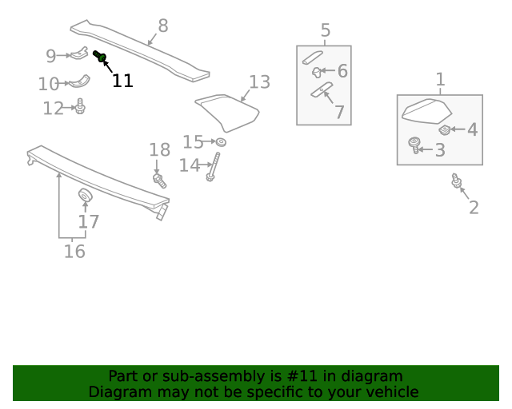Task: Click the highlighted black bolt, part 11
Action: coord(100,56)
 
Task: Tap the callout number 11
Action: coord(122,81)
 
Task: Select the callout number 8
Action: coord(163,26)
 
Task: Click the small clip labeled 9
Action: coord(80,54)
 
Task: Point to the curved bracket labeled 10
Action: coord(78,81)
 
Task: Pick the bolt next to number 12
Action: coord(80,106)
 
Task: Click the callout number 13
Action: coord(259,81)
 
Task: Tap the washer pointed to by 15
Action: coord(221,142)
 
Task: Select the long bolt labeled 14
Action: coord(212,166)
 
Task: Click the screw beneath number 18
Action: coord(158,180)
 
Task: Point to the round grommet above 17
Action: coord(85,197)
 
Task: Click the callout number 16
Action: coord(74,252)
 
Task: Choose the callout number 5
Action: coord(325,31)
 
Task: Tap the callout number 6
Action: coord(342,71)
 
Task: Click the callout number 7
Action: coord(340,113)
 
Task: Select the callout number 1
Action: coord(440,79)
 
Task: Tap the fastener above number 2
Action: coord(456,181)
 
